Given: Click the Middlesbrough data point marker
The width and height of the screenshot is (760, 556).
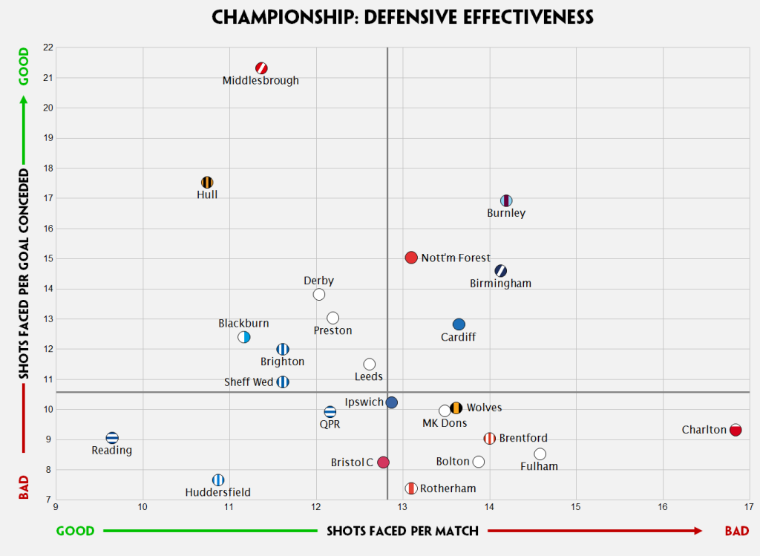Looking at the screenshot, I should [261, 68].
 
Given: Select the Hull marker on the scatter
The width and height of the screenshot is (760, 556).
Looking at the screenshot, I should [207, 183].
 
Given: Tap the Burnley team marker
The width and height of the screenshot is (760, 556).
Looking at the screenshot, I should [506, 200].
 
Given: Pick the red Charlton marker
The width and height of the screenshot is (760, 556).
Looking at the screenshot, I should [736, 430].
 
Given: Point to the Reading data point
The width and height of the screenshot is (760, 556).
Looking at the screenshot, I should [112, 438].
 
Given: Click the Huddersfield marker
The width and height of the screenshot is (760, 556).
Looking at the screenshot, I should [217, 480].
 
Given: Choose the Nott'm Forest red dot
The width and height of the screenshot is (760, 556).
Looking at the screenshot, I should [411, 258].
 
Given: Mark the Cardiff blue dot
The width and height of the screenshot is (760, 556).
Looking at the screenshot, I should [459, 324].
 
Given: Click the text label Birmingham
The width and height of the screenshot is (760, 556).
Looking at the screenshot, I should [501, 284].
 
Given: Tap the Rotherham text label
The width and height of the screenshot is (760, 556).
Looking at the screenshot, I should [448, 488].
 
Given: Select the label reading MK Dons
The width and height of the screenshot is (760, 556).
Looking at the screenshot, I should [445, 423].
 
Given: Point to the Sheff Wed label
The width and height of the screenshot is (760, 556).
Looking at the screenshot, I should [249, 382].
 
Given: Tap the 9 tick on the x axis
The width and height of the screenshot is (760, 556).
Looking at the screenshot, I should [56, 508].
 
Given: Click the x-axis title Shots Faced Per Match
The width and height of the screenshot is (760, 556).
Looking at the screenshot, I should [402, 531].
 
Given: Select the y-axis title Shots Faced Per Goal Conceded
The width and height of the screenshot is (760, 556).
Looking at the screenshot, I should [23, 274].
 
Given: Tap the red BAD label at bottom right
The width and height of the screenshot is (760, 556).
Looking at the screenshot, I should [736, 531].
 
